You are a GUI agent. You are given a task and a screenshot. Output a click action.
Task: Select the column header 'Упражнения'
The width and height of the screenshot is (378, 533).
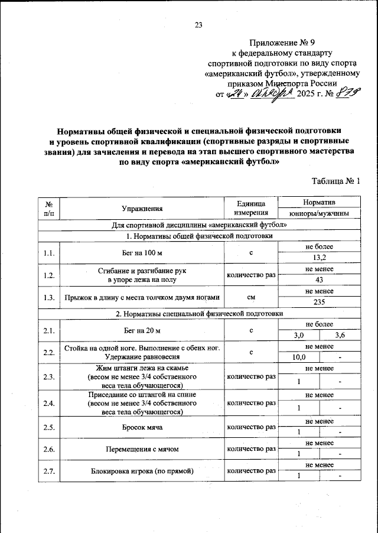click(x=142, y=208)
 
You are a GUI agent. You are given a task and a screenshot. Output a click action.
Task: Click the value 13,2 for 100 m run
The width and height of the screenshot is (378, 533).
click(x=319, y=258)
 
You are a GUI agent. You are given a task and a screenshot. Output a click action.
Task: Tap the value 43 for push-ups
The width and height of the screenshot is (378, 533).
click(x=319, y=279)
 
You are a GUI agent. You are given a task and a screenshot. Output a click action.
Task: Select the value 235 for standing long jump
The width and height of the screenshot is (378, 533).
click(x=319, y=302)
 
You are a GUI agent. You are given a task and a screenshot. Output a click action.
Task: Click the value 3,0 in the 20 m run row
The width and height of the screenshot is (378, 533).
click(x=299, y=336)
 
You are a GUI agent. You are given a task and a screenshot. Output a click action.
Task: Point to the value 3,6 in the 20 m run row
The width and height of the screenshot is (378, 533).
click(x=340, y=336)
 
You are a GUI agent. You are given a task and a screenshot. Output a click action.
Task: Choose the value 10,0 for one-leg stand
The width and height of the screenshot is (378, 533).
click(x=299, y=357)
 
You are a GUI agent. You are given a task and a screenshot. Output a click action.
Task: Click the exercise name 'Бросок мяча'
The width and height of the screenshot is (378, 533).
click(x=142, y=426)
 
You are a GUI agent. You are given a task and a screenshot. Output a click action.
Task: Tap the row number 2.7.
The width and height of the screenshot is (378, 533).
click(x=49, y=470)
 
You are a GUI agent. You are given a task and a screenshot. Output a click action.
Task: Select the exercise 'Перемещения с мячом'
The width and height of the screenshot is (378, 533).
click(x=142, y=448)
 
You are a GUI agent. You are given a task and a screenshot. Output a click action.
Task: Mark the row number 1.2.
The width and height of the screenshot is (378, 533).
click(x=49, y=275)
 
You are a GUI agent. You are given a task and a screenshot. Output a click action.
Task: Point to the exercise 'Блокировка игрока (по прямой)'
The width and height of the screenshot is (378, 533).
click(x=142, y=471)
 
